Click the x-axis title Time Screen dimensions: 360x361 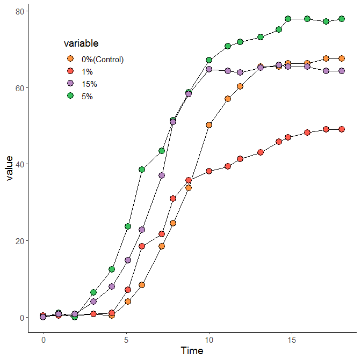[192, 351]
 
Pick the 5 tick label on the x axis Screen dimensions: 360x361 [126, 340]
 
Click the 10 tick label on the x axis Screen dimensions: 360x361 [209, 340]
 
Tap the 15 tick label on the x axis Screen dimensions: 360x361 [292, 340]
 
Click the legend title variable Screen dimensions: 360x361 [81, 43]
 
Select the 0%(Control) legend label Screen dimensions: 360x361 [103, 60]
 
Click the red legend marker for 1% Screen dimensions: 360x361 [70, 71]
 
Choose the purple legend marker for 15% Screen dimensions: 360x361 [70, 84]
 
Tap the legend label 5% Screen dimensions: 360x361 [87, 97]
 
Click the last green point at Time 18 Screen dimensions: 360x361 [342, 19]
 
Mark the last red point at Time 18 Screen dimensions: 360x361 [342, 129]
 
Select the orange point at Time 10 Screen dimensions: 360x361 [209, 125]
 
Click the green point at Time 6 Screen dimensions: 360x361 [142, 170]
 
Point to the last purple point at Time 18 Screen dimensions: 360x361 [342, 71]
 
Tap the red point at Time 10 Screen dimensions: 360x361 [209, 171]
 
